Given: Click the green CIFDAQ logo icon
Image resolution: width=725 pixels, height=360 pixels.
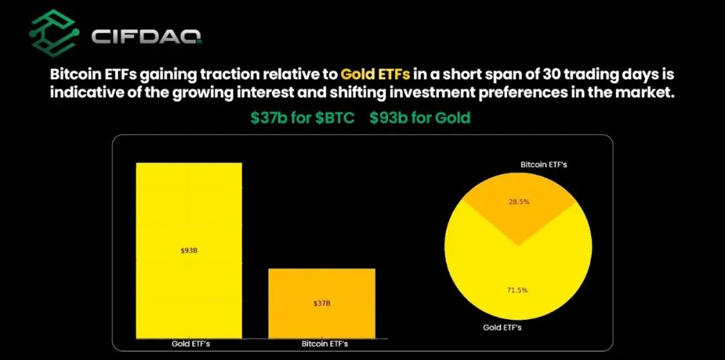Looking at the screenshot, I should click(53, 33).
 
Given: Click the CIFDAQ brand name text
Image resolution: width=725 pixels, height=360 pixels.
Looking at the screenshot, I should click(146, 35).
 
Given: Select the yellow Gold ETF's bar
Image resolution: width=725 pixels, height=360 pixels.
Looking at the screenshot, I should click(189, 250).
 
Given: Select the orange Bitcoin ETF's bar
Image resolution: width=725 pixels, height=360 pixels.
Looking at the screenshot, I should click(322, 303).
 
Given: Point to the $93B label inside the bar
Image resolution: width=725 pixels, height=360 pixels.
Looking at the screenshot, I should click(189, 251).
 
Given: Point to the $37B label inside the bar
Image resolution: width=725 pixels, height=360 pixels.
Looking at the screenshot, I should click(322, 304).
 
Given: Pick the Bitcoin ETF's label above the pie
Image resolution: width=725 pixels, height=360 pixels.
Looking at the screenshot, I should click(544, 165).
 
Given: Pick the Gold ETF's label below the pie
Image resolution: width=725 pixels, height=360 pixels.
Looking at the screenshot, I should click(502, 328).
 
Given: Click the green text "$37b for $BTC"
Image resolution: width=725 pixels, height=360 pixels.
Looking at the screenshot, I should click(302, 118).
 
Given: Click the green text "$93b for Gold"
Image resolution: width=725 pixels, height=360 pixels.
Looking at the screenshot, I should click(420, 118).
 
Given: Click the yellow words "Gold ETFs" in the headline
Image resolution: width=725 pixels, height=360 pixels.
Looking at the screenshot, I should click(375, 74).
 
